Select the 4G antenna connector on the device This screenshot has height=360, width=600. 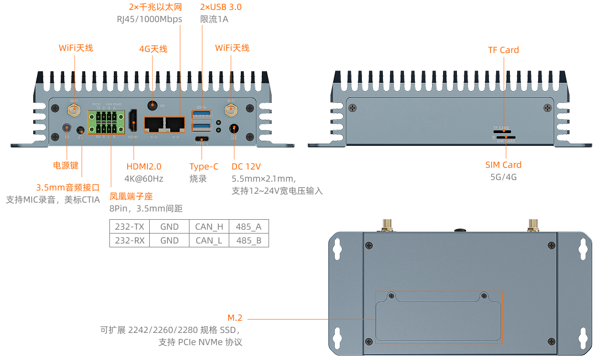pyautogui.click(x=152, y=105)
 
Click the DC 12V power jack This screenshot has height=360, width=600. pyautogui.click(x=234, y=128)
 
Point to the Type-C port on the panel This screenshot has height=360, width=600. pyautogui.click(x=201, y=139)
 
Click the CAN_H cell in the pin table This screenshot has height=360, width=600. pyautogui.click(x=209, y=226)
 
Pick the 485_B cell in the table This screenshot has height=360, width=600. pyautogui.click(x=249, y=240)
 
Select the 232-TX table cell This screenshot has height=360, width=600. pyautogui.click(x=129, y=226)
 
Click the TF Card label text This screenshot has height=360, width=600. pyautogui.click(x=503, y=50)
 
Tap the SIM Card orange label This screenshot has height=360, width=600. pyautogui.click(x=503, y=165)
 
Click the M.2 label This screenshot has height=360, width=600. pyautogui.click(x=235, y=317)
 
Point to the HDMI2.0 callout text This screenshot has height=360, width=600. pyautogui.click(x=145, y=166)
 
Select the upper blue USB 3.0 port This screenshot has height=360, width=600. pyautogui.click(x=201, y=114)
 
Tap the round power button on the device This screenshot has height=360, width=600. pyautogui.click(x=67, y=129)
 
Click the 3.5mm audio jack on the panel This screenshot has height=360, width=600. pyautogui.click(x=81, y=130)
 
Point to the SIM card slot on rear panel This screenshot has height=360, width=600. pyautogui.click(x=504, y=137)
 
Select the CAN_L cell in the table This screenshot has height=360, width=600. pyautogui.click(x=209, y=240)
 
